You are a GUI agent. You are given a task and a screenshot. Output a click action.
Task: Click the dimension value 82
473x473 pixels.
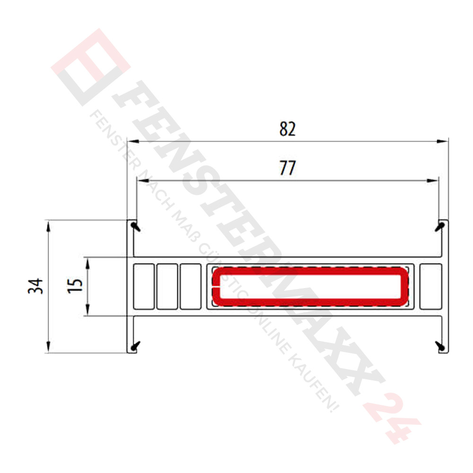(287, 129)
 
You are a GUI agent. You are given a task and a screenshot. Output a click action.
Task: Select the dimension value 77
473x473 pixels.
(287, 168)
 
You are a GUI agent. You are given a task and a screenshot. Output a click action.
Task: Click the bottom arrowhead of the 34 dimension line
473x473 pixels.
(48, 348)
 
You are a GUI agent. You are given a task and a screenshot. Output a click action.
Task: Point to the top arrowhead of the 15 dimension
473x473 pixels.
(88, 263)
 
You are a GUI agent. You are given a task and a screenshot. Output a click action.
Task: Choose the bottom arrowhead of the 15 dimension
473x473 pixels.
(88, 311)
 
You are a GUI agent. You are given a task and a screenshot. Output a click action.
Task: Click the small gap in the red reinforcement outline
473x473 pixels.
(215, 287)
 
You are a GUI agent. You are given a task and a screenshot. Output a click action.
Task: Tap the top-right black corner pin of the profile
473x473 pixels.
(440, 226)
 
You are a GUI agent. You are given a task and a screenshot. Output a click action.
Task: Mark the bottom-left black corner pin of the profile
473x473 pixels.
(136, 346)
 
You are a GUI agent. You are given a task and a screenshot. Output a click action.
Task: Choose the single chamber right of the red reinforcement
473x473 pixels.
(430, 286)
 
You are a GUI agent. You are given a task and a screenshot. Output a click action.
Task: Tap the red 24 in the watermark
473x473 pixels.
(393, 416)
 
